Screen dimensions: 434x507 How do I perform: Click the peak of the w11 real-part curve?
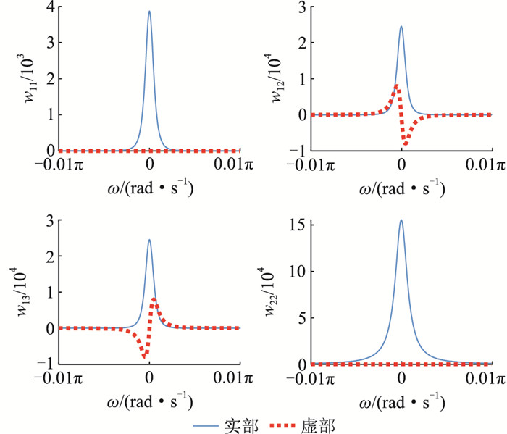click(x=149, y=12)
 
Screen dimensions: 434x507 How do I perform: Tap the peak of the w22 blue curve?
click(x=401, y=220)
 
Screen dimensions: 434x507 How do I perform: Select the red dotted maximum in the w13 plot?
click(x=154, y=299)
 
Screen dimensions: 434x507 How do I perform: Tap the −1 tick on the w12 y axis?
click(x=298, y=151)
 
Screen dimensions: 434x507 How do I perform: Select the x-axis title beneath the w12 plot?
click(x=401, y=190)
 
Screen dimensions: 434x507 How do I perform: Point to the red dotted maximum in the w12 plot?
click(x=396, y=86)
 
